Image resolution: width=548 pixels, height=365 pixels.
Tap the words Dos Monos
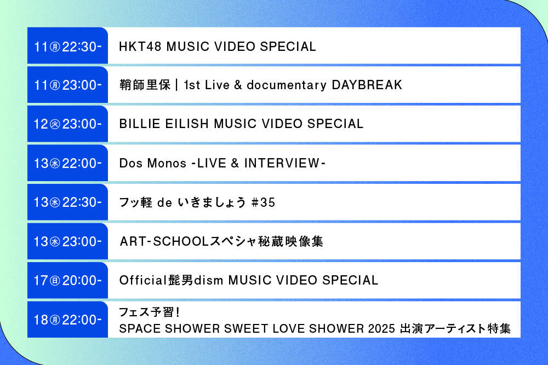(x=151, y=163)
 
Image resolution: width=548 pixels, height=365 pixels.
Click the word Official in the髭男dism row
(x=142, y=280)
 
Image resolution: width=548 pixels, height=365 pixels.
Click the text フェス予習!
(x=150, y=312)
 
